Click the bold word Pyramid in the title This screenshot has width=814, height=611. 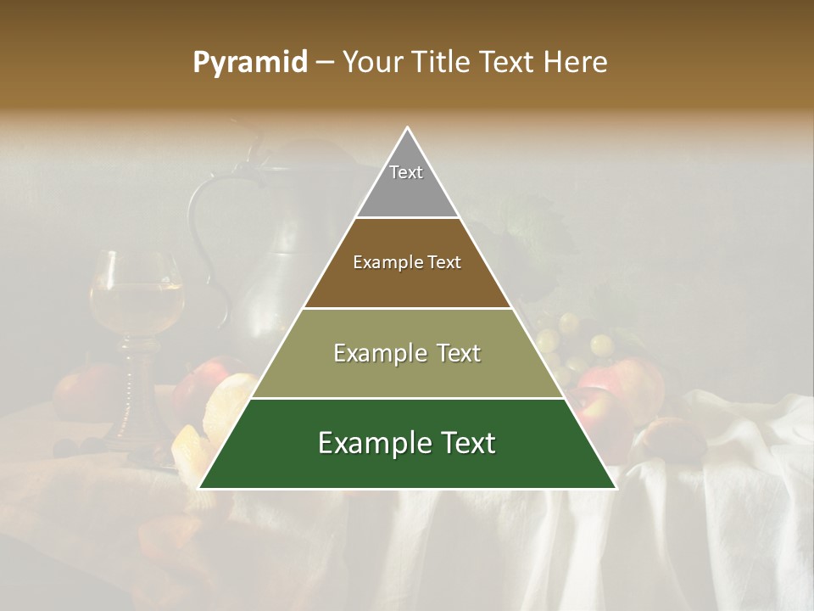pos(250,63)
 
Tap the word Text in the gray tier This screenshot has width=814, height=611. pos(406,172)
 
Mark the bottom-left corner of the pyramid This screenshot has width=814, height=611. pos(200,488)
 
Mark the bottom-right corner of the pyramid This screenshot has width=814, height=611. pos(615,488)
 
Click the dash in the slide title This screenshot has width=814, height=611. pos(325,63)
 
